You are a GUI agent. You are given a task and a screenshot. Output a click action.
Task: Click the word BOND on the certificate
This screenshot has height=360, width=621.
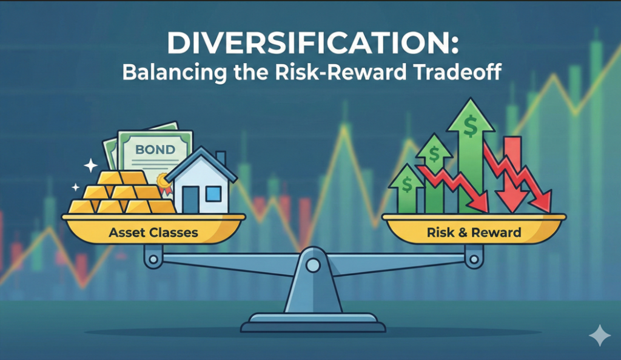point(154,148)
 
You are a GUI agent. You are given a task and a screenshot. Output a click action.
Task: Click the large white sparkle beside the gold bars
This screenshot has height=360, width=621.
point(91,164)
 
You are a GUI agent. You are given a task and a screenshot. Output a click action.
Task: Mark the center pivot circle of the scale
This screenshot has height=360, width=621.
point(313,265)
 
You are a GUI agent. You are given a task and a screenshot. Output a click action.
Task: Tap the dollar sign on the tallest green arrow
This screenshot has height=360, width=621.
point(469,127)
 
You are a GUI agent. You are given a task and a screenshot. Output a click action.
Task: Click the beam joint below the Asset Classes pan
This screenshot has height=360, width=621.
point(152,259)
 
